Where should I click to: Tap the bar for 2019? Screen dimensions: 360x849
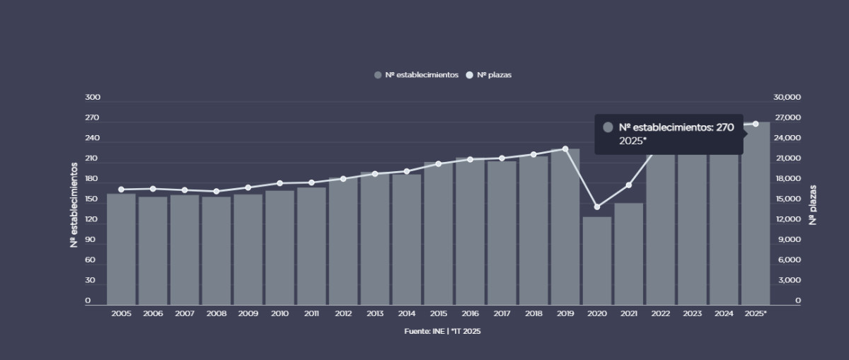(x=565, y=226)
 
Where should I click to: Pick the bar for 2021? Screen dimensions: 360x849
(x=629, y=254)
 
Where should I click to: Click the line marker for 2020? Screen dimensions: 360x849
(x=597, y=207)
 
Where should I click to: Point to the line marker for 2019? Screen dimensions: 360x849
(x=565, y=149)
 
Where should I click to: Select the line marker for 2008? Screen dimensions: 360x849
(x=216, y=192)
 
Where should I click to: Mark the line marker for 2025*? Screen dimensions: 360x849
(x=756, y=124)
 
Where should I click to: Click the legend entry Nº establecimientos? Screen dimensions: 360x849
(x=417, y=75)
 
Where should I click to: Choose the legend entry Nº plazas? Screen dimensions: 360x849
(x=488, y=75)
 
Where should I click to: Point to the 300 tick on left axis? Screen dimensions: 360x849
(x=92, y=98)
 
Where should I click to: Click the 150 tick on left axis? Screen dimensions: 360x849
(x=92, y=199)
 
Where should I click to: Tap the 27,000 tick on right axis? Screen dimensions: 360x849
(x=787, y=118)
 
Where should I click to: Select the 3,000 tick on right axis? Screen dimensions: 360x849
(x=790, y=281)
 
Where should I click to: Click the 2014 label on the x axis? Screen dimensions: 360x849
(x=407, y=313)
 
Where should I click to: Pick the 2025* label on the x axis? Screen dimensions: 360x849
(x=756, y=313)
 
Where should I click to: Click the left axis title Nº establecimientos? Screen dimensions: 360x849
(x=74, y=204)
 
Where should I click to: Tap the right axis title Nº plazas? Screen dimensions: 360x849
(x=814, y=205)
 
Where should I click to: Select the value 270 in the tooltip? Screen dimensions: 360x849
(x=725, y=127)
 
